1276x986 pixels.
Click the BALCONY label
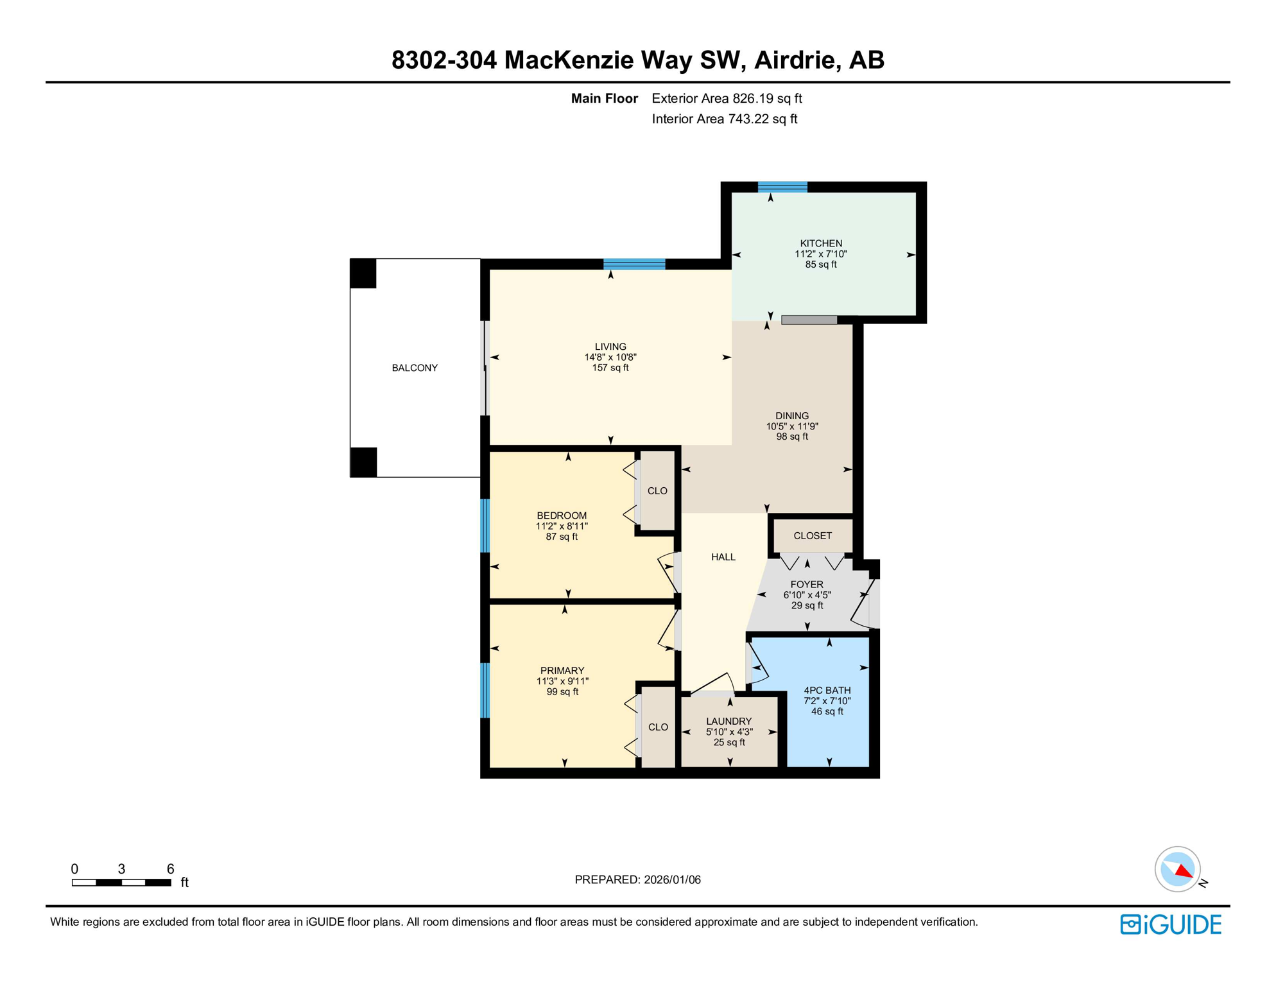[x=415, y=368]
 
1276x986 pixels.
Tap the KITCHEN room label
[x=821, y=243]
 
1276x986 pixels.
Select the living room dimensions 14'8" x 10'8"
[x=610, y=357]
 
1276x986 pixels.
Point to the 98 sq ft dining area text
[x=791, y=437]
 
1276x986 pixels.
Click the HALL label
[x=723, y=557]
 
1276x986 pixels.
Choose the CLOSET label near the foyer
[x=813, y=535]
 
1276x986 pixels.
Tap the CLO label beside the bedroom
[x=657, y=491]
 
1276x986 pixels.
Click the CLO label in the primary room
[x=658, y=727]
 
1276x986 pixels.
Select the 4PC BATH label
[x=827, y=691]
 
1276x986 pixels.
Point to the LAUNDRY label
[x=729, y=722]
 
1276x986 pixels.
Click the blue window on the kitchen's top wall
[x=782, y=187]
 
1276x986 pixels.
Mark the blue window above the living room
[x=634, y=264]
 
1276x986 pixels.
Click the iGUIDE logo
[x=1171, y=925]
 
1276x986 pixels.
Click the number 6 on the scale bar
[x=170, y=869]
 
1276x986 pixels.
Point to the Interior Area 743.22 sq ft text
[x=724, y=119]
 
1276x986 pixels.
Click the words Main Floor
[x=604, y=98]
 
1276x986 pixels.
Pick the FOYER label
[x=807, y=585]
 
